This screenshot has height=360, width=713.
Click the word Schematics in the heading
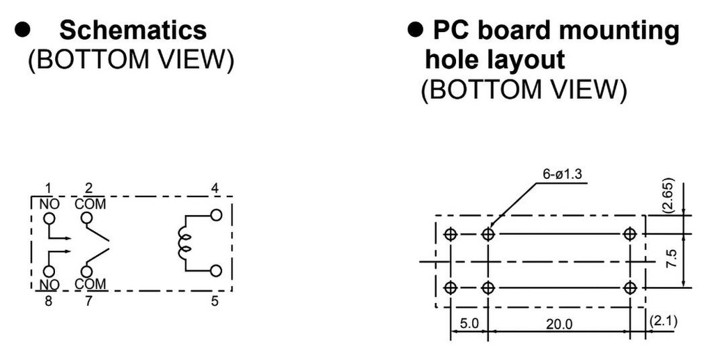tap(132, 30)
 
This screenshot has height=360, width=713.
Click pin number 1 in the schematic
tap(48, 188)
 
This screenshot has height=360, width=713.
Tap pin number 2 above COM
tap(88, 188)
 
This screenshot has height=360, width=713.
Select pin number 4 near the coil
tap(215, 188)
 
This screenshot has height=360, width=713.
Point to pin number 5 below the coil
tap(215, 301)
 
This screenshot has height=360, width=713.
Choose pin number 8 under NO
tap(48, 301)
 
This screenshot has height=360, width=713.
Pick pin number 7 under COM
tap(88, 301)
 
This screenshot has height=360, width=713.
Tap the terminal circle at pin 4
tap(216, 214)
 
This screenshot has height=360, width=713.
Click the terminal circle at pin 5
tap(216, 270)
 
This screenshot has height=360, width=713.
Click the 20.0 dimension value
tap(558, 324)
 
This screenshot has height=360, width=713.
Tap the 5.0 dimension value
tap(469, 324)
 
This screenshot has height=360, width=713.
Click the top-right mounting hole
tap(631, 234)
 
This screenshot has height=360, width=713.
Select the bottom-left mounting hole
tap(450, 287)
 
